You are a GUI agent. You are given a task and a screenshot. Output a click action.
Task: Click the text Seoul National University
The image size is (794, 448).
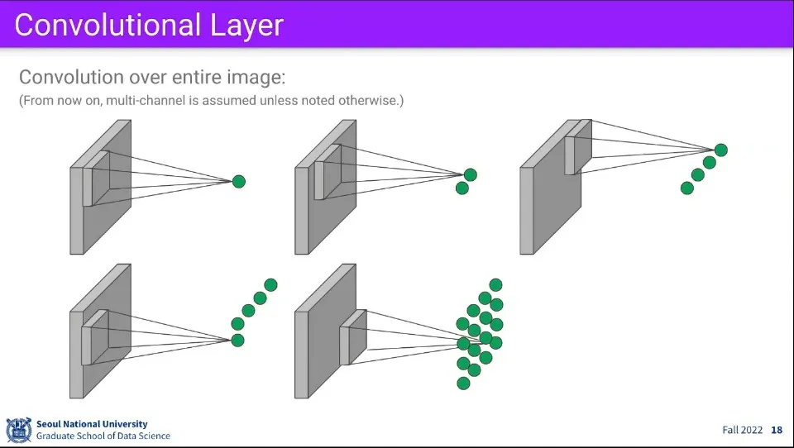(x=92, y=424)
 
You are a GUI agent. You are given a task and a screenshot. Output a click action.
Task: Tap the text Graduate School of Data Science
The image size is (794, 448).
(x=103, y=436)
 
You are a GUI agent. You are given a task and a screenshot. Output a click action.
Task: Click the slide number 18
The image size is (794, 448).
(x=776, y=430)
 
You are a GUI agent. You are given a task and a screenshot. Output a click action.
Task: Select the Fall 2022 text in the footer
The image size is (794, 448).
(x=742, y=430)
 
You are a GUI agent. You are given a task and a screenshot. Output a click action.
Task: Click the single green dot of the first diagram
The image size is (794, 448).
(x=239, y=181)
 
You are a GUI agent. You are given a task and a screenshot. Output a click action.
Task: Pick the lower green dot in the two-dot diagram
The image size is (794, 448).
(x=462, y=188)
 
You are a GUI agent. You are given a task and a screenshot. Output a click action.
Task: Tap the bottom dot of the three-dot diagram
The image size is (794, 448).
(x=686, y=188)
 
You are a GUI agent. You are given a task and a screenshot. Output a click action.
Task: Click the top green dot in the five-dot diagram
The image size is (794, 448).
(x=270, y=285)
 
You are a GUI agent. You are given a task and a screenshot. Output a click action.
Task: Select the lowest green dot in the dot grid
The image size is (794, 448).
(x=463, y=383)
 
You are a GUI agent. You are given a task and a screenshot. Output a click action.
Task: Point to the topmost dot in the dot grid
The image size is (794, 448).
(x=496, y=285)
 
